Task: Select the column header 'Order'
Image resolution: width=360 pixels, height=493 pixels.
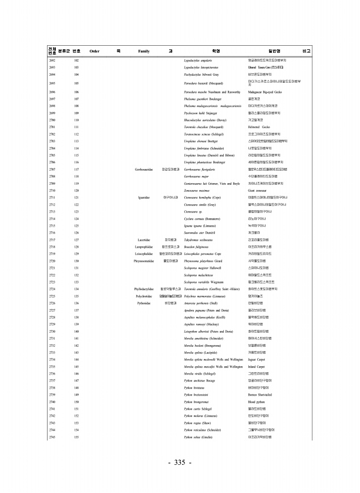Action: pyautogui.click(x=94, y=52)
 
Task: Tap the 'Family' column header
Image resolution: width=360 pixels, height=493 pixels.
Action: pyautogui.click(x=144, y=52)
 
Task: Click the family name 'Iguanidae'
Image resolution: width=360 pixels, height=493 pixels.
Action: pyautogui.click(x=144, y=198)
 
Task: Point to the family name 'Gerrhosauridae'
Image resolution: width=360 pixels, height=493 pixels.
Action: pyautogui.click(x=144, y=169)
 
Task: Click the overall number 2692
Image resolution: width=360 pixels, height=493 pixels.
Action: pyautogui.click(x=52, y=60)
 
